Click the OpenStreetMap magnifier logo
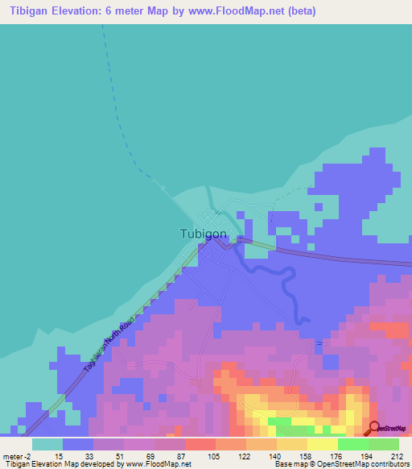click(x=374, y=428)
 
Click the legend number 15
click(x=60, y=455)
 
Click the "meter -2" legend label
click(x=17, y=455)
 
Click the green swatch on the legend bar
click(x=352, y=444)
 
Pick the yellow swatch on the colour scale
click(x=322, y=444)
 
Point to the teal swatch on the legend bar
click(x=47, y=444)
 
